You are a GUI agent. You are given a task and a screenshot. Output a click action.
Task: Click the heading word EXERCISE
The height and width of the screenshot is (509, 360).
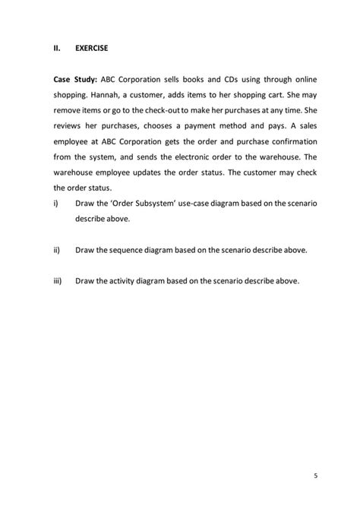pyautogui.click(x=92, y=48)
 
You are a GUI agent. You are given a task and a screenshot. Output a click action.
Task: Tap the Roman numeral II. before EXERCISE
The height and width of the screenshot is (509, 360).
pyautogui.click(x=57, y=48)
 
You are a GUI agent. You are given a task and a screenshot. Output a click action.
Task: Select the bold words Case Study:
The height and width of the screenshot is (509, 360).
pyautogui.click(x=75, y=79)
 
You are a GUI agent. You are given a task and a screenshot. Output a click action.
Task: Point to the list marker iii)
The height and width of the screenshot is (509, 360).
pyautogui.click(x=58, y=281)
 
